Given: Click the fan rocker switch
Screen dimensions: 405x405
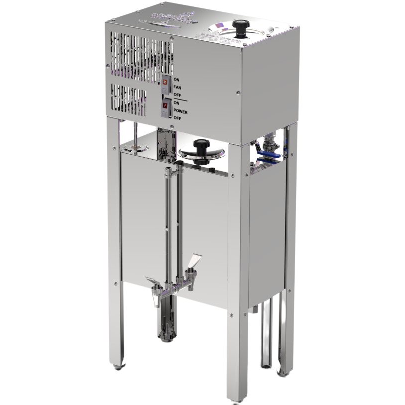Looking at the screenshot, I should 165,83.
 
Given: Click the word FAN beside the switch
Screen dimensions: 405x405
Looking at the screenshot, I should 178,87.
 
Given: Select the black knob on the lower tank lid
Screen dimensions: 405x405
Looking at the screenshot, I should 202,148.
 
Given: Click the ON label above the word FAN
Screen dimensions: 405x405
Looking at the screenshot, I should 177,79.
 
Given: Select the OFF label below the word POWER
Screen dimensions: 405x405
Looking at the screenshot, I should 177,118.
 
